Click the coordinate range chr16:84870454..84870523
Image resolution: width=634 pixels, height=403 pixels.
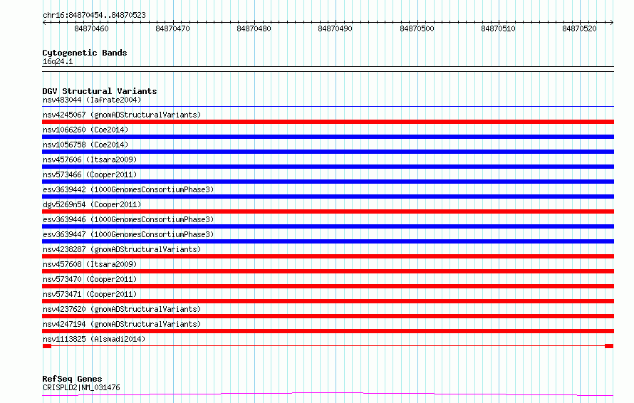coord(94,15)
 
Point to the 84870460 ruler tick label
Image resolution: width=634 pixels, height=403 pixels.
coord(91,28)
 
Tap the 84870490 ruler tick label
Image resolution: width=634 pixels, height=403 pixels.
coord(336,28)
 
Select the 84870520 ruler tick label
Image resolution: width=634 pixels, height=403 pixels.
coord(579,28)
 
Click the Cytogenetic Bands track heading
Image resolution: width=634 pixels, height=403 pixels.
coord(85,53)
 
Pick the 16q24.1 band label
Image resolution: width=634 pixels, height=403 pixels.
coord(58,61)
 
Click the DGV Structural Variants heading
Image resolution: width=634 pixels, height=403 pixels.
coord(100,91)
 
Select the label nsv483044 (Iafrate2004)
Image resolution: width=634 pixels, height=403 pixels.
coord(92,100)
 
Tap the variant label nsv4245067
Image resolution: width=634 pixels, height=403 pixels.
coord(64,115)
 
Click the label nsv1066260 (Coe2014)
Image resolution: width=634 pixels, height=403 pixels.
coord(85,130)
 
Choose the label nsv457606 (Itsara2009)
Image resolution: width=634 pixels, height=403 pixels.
coord(90,159)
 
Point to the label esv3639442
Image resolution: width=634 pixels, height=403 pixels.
coord(64,189)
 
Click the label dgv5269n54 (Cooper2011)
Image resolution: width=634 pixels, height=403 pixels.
coord(92,204)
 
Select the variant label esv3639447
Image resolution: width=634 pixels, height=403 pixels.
coord(64,234)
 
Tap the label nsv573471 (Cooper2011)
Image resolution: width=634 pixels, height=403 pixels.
coord(90,294)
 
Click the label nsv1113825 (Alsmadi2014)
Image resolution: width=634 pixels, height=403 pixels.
coord(94,339)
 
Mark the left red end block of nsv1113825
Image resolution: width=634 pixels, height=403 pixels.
coord(47,346)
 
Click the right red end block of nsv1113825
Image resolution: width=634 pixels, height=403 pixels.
coord(609,346)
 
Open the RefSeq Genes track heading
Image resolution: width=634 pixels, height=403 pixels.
coord(72,379)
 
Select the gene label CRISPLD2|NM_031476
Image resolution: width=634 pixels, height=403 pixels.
coord(81,387)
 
